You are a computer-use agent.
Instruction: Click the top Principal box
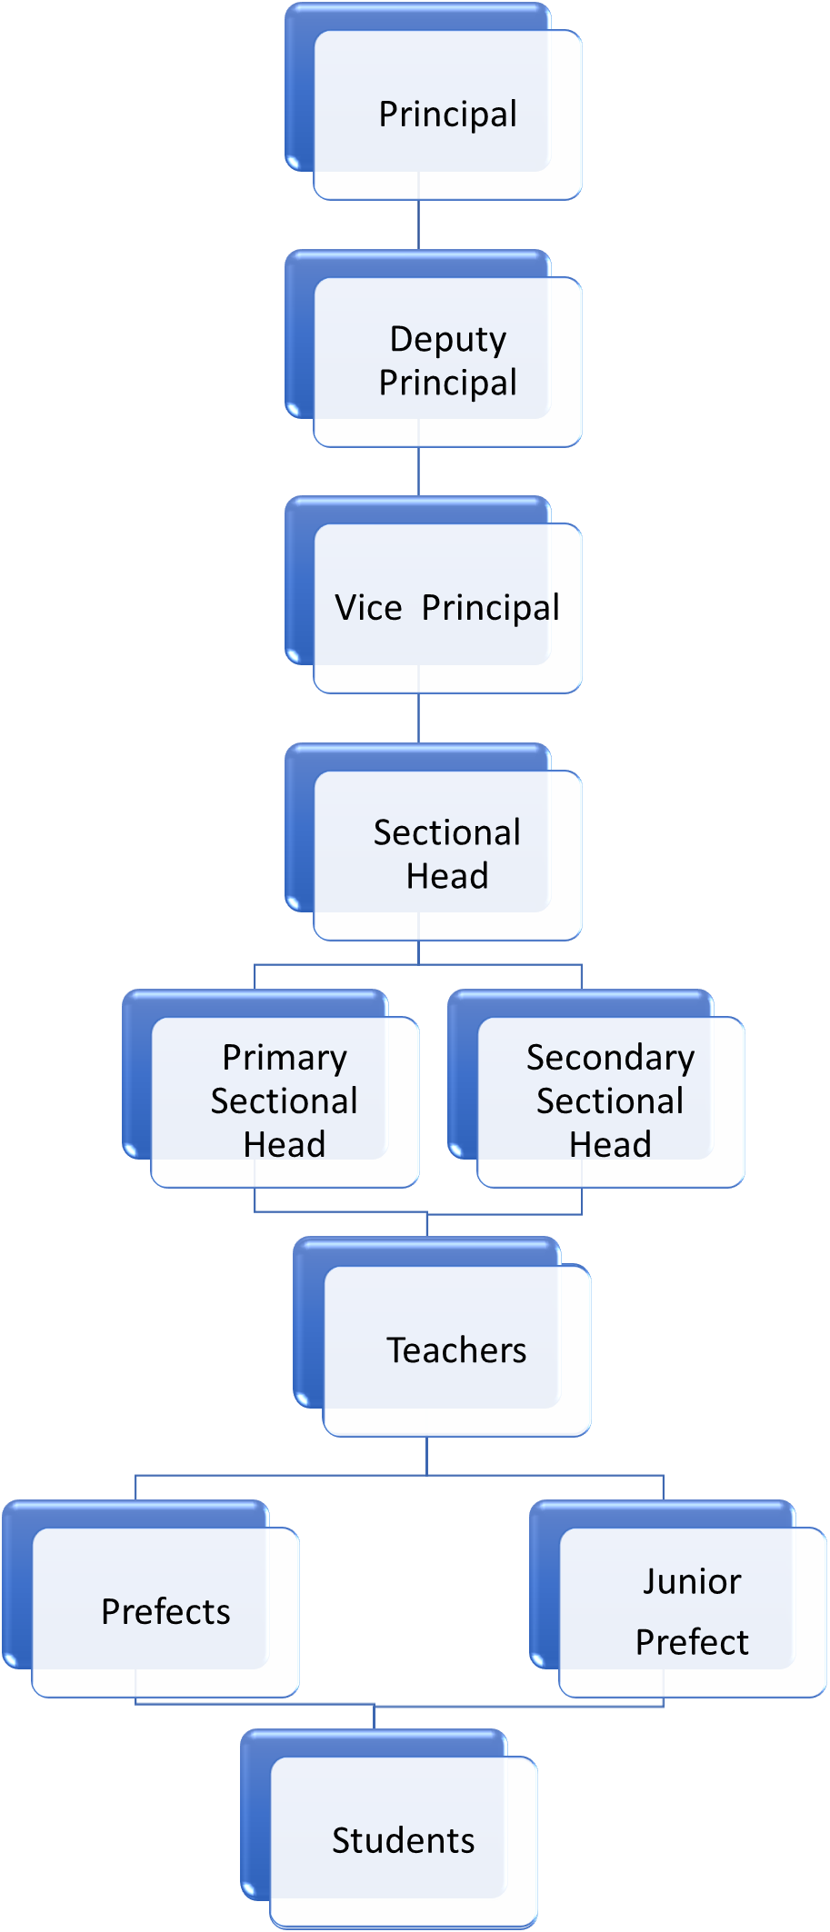[x=446, y=115]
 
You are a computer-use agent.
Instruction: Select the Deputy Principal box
[x=446, y=361]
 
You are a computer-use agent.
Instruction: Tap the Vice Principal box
[x=446, y=608]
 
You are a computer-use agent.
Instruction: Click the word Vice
[x=368, y=608]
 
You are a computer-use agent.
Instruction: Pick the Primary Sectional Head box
[x=284, y=1100]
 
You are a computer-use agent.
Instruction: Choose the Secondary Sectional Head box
[x=609, y=1100]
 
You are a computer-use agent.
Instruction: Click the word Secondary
[x=610, y=1058]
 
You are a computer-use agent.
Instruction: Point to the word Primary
[x=285, y=1058]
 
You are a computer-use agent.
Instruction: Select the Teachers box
[x=455, y=1350]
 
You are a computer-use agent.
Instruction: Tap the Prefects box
[x=165, y=1611]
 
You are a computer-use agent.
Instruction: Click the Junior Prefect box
[x=692, y=1611]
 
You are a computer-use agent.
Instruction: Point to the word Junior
[x=692, y=1582]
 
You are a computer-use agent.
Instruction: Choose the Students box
[x=403, y=1840]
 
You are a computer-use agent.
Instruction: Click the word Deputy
[x=447, y=339]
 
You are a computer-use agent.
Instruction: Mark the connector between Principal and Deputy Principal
[x=418, y=224]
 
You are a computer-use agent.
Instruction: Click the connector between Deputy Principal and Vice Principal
[x=418, y=471]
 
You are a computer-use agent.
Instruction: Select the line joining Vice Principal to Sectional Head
[x=418, y=718]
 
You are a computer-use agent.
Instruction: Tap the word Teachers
[x=455, y=1350]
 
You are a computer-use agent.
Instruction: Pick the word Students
[x=403, y=1840]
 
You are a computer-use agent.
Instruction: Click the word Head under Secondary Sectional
[x=610, y=1144]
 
